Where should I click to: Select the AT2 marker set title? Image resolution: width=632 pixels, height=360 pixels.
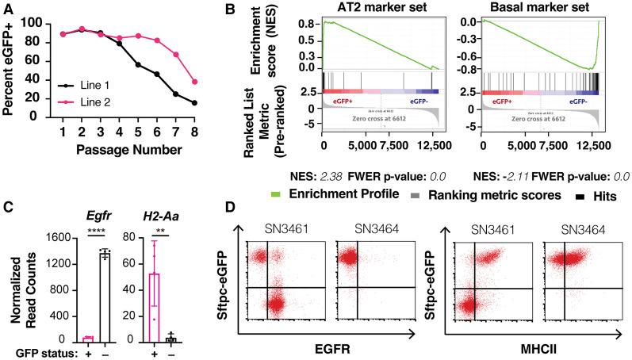[x=380, y=10]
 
